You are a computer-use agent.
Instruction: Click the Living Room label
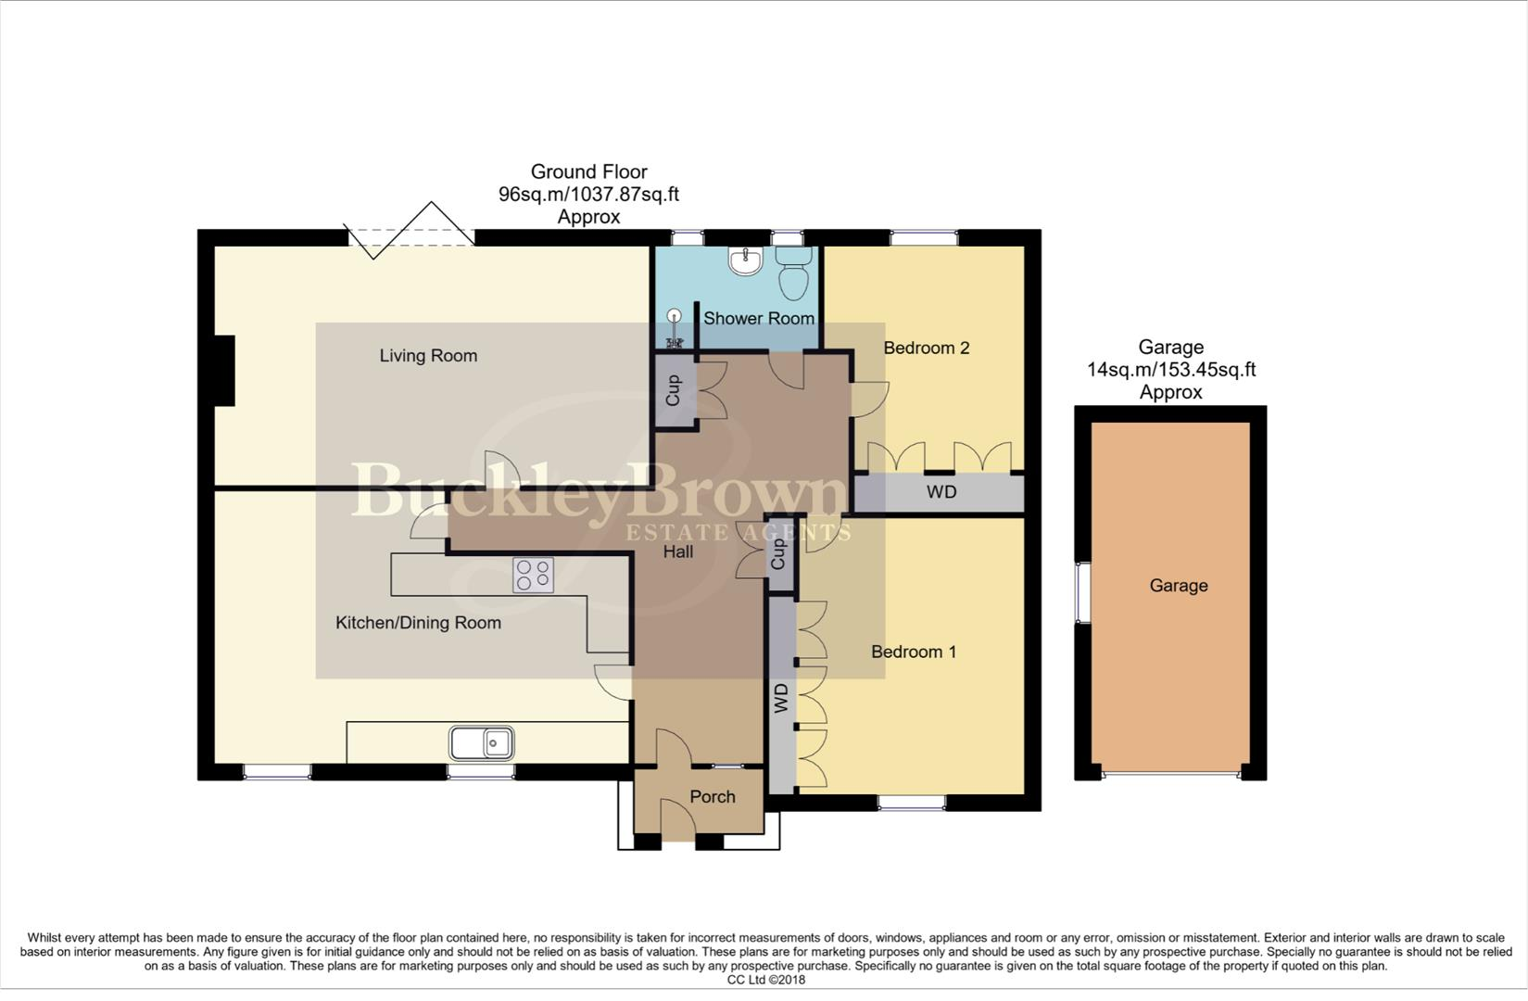pos(428,356)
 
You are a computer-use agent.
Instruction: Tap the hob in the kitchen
pos(533,575)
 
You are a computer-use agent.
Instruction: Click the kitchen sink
pos(482,743)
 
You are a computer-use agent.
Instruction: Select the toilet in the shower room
pos(793,272)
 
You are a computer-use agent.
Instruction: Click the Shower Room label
pos(758,318)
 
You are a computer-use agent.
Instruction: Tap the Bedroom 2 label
pos(926,348)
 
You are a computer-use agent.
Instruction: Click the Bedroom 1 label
pos(913,652)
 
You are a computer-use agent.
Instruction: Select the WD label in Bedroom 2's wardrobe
pos(941,492)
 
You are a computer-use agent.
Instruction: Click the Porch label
pos(712,796)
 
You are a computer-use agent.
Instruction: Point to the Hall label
pos(677,551)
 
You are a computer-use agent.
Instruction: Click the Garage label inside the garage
pos(1178,585)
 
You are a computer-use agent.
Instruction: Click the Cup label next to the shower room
pos(674,390)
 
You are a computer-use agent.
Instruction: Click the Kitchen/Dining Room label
pos(418,623)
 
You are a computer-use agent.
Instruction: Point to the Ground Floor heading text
pos(588,171)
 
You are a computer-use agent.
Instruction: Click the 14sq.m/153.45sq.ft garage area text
pos(1170,370)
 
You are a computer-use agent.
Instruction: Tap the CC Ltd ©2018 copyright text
pos(765,980)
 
